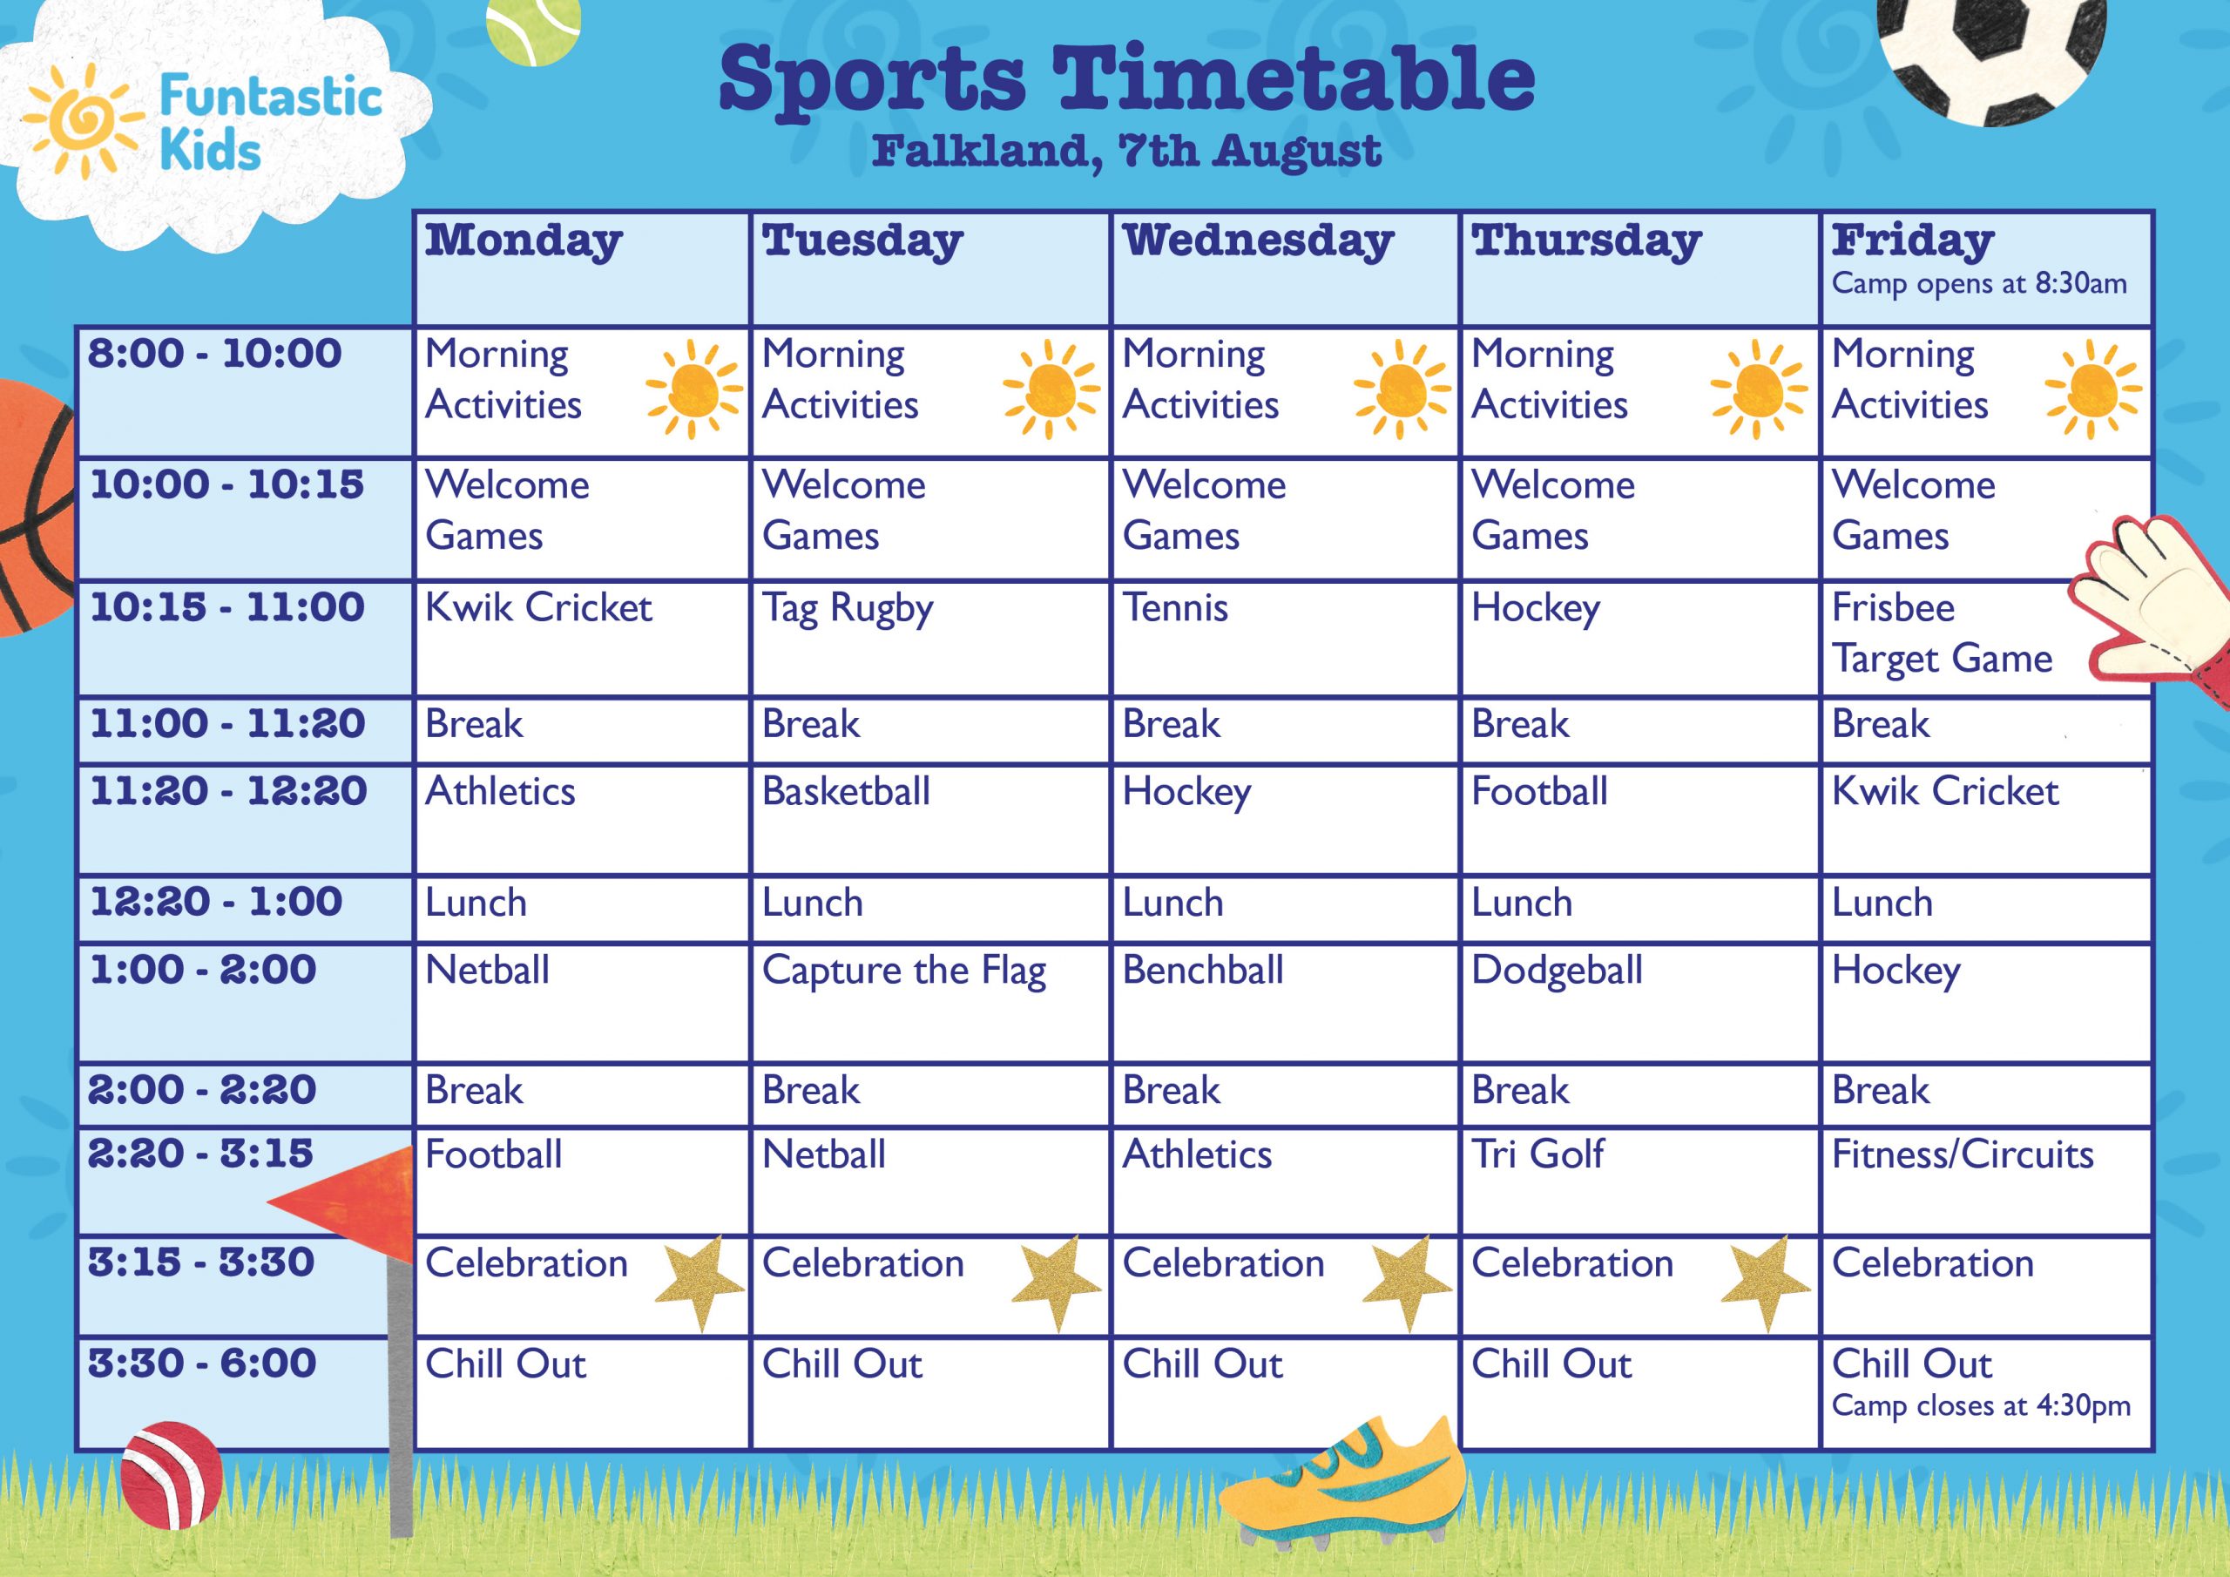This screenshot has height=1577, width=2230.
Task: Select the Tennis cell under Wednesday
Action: point(1175,608)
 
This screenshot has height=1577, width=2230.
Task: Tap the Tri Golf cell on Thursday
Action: point(1537,1154)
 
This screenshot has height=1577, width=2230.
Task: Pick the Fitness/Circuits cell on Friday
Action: point(1963,1154)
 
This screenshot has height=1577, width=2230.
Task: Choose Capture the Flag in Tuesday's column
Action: point(904,971)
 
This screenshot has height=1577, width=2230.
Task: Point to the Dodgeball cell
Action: point(1557,971)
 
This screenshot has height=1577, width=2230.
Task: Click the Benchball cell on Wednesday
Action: point(1203,970)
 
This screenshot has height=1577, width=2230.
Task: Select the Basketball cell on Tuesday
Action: point(846,791)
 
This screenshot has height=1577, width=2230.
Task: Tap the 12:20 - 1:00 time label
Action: point(216,902)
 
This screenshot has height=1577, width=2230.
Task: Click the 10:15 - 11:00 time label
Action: point(227,607)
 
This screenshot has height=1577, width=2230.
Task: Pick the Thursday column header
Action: point(1586,242)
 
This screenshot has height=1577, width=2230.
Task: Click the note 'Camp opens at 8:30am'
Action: point(1979,284)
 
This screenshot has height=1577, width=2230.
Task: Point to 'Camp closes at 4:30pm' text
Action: point(1982,1406)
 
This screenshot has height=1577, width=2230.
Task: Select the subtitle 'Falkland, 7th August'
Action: point(1126,152)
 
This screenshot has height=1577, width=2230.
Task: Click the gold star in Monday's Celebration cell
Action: point(700,1283)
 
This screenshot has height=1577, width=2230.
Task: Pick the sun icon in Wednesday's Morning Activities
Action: point(1402,389)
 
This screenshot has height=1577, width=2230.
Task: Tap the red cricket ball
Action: point(171,1476)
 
